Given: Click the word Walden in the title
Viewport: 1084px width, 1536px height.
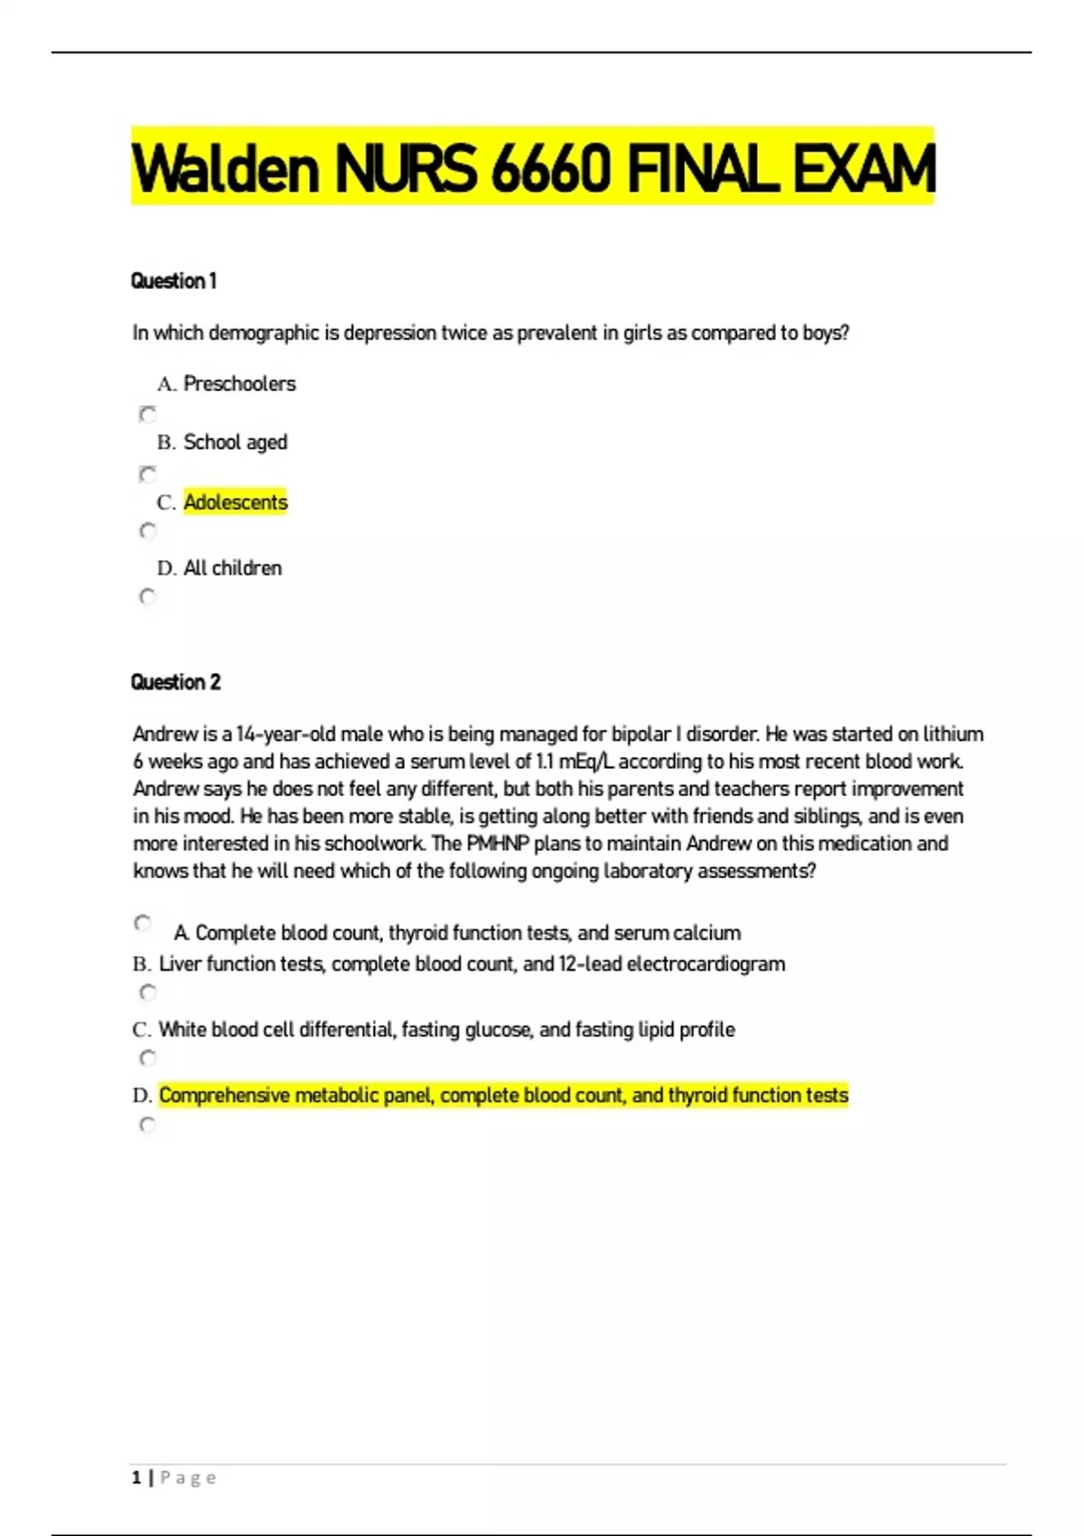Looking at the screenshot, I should click(x=225, y=168).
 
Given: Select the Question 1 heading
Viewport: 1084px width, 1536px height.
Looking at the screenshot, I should click(x=173, y=281).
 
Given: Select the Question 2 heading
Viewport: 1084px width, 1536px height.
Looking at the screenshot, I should click(x=175, y=682).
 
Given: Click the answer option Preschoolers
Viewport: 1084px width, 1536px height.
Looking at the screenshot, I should click(x=239, y=384).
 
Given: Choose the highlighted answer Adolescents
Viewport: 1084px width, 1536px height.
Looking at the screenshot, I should click(x=236, y=502).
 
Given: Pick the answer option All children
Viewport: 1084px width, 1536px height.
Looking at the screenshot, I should click(x=232, y=568).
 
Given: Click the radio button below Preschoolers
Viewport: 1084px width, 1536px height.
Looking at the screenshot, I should click(x=147, y=414).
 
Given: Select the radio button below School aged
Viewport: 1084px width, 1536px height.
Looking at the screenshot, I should click(x=147, y=473).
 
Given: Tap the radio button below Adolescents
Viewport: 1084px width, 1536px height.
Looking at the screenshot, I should click(x=147, y=530).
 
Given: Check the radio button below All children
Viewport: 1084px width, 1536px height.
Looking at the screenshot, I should click(x=147, y=596).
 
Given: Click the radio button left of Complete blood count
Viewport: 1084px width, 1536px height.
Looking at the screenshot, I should click(x=143, y=923).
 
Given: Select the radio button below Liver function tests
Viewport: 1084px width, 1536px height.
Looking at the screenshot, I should click(x=147, y=992).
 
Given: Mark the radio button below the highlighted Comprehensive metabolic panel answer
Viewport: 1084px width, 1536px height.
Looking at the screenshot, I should click(x=147, y=1124).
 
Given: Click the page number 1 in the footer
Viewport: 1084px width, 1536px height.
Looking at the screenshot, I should click(x=136, y=1478).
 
